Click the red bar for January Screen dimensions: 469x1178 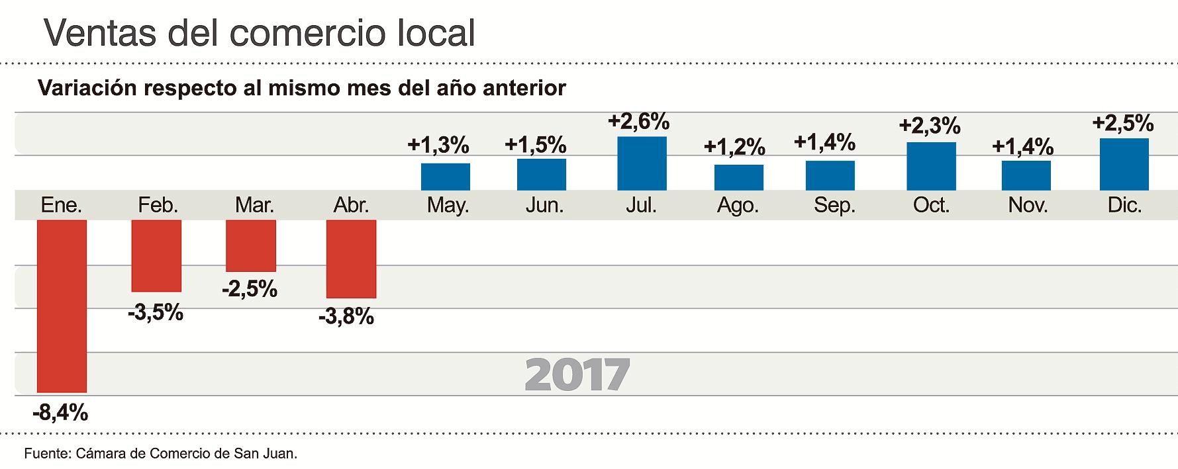tap(62, 306)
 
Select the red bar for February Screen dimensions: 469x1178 tap(156, 255)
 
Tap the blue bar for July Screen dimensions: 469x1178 tap(642, 163)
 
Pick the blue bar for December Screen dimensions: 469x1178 tap(1124, 164)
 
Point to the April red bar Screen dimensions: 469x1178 tap(351, 259)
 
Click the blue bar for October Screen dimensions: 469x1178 tap(931, 166)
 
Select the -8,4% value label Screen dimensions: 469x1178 tap(60, 413)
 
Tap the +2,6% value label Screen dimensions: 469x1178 tap(638, 122)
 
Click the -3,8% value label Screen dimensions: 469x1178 tap(346, 317)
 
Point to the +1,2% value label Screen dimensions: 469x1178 tap(734, 146)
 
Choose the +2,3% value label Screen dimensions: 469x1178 tap(930, 126)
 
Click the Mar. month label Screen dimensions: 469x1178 tap(254, 206)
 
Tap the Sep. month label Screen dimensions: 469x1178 tap(834, 206)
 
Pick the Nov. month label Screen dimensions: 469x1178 tap(1028, 206)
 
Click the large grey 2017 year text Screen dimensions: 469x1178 tap(577, 374)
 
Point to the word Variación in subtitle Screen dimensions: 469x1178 tap(88, 89)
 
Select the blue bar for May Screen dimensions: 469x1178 tap(446, 177)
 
